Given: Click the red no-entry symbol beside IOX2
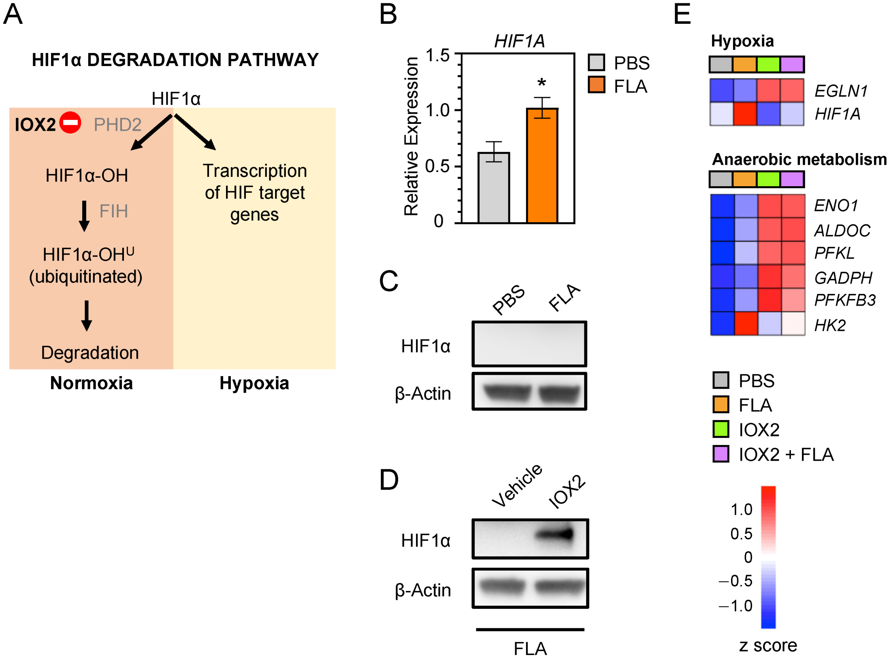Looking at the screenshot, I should click(x=70, y=122).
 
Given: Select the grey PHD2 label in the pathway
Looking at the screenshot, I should click(x=117, y=125).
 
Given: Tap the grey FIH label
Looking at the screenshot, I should click(x=113, y=211).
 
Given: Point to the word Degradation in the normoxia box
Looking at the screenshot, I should click(x=90, y=353).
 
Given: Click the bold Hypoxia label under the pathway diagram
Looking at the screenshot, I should click(x=254, y=383).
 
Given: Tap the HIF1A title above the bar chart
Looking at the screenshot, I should click(x=519, y=41).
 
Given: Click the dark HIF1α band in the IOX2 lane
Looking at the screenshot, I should click(x=557, y=534).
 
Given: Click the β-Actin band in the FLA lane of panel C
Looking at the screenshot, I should click(x=559, y=393).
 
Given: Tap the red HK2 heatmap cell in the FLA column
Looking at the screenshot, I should click(x=746, y=324).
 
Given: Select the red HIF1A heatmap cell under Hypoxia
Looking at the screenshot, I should click(x=746, y=114).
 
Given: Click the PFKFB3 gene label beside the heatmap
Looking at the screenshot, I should click(x=844, y=300).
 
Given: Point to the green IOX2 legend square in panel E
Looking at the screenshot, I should click(x=721, y=429).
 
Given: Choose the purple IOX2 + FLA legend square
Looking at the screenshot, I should click(x=721, y=454).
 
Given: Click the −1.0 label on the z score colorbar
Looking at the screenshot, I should click(x=736, y=606).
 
